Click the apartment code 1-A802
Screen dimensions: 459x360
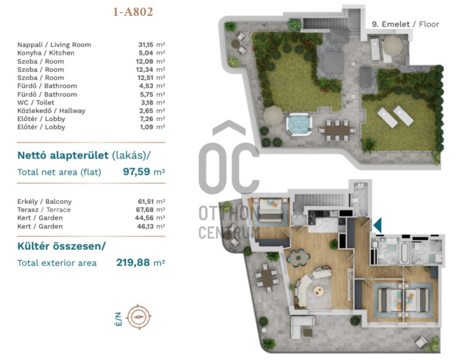click(x=133, y=12)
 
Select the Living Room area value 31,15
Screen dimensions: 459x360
click(x=146, y=45)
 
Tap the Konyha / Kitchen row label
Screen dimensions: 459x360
click(x=45, y=53)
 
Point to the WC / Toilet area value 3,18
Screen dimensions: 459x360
click(x=146, y=102)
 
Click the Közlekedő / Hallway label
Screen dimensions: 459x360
click(x=51, y=111)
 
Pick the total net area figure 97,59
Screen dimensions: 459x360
click(x=137, y=171)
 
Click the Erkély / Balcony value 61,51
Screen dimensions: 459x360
click(x=145, y=202)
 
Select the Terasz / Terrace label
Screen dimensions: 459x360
click(x=44, y=210)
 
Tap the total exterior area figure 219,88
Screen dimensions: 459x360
click(x=133, y=262)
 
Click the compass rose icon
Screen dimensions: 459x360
click(x=139, y=317)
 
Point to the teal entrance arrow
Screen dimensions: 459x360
click(x=377, y=225)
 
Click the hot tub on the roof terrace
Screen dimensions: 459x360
click(x=299, y=124)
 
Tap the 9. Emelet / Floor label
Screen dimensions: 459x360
click(x=406, y=24)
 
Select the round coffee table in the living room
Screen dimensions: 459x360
click(x=319, y=291)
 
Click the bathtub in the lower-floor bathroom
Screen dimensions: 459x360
click(x=404, y=252)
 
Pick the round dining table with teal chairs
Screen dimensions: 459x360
click(x=299, y=258)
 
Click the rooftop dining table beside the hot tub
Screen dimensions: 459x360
click(x=337, y=130)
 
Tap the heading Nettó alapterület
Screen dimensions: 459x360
click(x=63, y=156)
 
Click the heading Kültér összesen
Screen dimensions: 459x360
click(x=61, y=246)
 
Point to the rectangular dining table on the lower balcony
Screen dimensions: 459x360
click(x=267, y=278)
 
